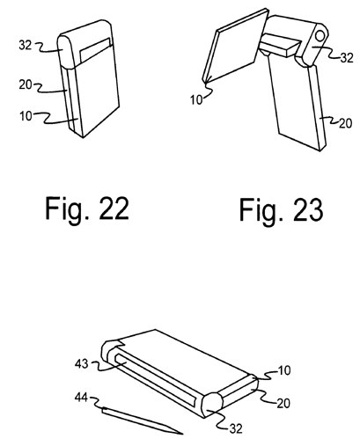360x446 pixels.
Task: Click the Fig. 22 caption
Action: coord(87,208)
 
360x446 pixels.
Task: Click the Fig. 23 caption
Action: coord(282,209)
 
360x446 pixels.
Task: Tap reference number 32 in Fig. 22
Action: coord(26,45)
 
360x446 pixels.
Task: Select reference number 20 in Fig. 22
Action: coord(26,84)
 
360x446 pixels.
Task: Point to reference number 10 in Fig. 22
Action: coord(26,116)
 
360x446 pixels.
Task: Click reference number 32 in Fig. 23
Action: coord(347,58)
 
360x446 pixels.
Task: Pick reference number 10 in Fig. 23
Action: coord(196,100)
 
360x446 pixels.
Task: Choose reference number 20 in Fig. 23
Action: coord(345,123)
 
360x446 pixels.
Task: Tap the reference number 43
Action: coord(81,364)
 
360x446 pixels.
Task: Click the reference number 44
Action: coord(81,398)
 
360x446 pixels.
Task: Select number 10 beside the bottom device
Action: coord(284,370)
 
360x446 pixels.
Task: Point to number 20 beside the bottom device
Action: coord(283,404)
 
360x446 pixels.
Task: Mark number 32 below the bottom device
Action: coord(236,428)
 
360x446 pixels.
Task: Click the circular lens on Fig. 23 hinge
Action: coord(320,34)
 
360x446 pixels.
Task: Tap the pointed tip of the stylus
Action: coord(182,434)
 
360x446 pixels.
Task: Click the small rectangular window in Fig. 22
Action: coord(95,49)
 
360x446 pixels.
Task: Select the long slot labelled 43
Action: coord(155,380)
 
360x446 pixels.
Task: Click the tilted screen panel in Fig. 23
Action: coord(236,47)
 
